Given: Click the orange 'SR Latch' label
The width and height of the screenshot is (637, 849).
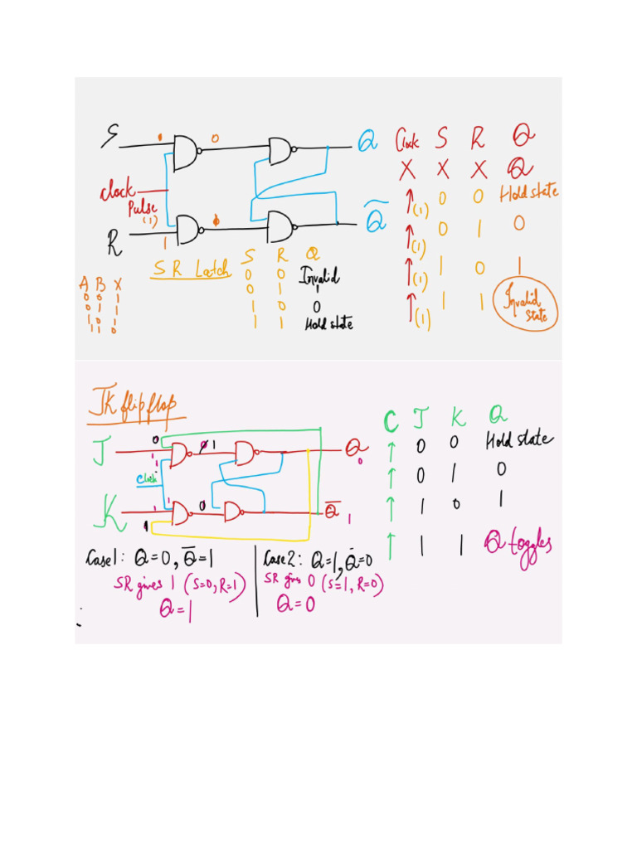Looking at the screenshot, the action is tap(192, 269).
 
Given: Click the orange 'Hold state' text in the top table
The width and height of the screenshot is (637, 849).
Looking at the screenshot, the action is tap(529, 194).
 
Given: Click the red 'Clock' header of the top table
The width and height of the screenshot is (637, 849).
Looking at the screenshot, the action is tap(406, 139).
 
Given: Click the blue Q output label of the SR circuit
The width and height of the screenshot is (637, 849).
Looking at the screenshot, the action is tap(367, 143).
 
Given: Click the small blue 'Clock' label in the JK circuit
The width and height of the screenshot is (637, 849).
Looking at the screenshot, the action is tap(147, 478).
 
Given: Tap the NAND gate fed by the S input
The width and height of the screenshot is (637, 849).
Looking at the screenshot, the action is tap(187, 150).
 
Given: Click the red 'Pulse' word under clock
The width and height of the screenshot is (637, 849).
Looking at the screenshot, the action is tap(142, 209).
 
